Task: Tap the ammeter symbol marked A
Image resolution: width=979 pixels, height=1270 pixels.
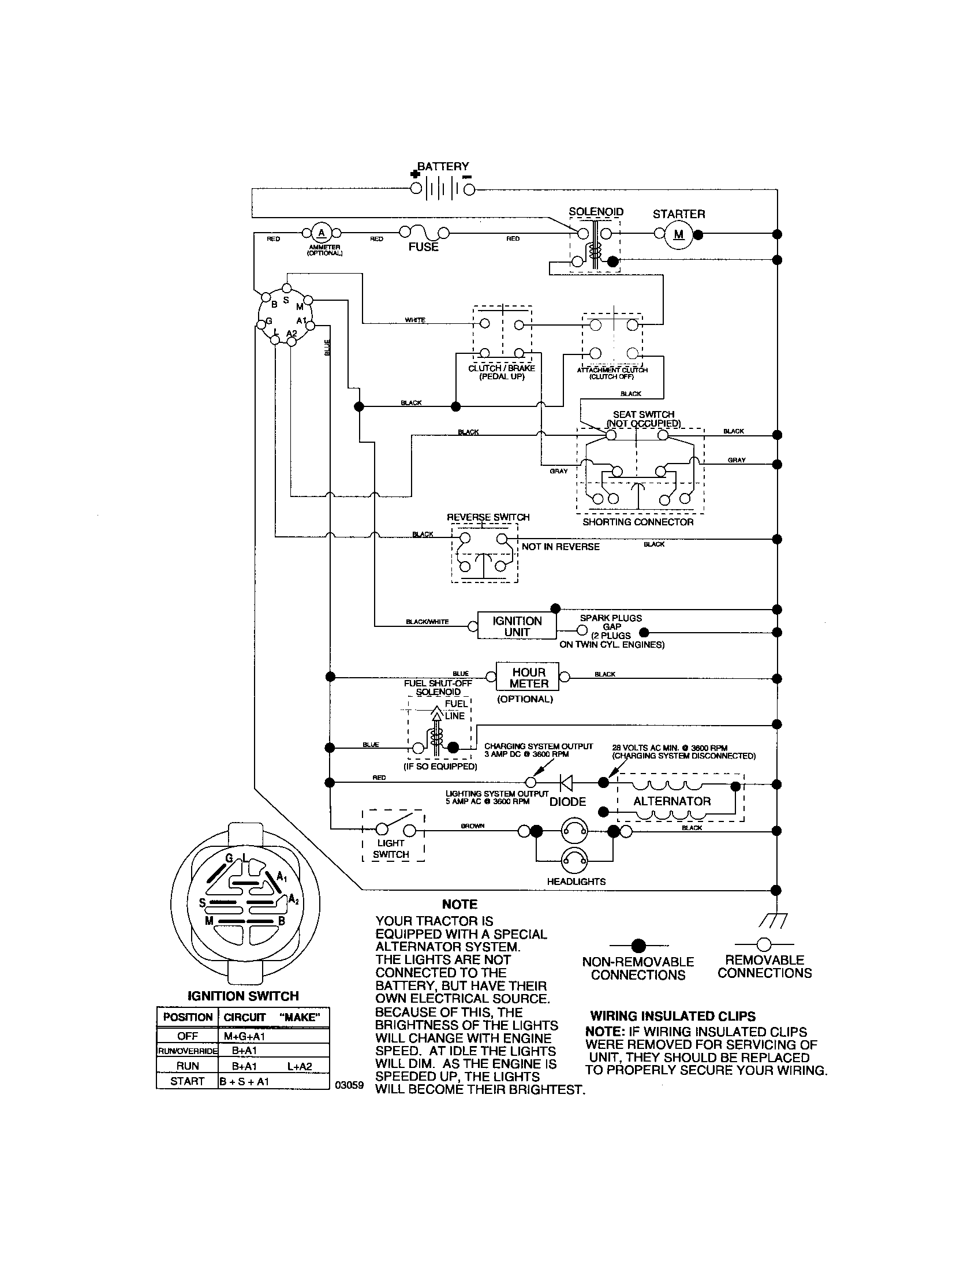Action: click(321, 234)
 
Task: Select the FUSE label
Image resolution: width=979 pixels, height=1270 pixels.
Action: click(423, 247)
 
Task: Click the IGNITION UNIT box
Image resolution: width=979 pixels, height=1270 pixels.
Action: click(517, 626)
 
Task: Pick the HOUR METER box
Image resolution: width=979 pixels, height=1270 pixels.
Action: click(528, 678)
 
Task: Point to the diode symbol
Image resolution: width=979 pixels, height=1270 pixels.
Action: click(566, 783)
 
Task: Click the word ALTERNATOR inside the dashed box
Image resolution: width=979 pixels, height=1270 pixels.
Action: click(671, 801)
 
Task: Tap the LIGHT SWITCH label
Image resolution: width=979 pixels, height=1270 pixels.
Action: click(391, 849)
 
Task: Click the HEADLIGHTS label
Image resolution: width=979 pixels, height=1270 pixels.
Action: click(576, 881)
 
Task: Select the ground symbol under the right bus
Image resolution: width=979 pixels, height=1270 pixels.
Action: click(773, 920)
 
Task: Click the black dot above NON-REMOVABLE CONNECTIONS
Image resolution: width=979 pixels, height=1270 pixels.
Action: click(638, 945)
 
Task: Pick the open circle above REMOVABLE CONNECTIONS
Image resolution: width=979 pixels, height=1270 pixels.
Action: click(764, 944)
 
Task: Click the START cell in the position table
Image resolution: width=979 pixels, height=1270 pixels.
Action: click(187, 1081)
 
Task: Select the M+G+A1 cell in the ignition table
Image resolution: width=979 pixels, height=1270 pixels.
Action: click(244, 1036)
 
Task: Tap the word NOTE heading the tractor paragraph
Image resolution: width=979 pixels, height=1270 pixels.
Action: click(459, 904)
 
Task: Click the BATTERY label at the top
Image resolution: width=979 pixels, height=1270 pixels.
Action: click(442, 166)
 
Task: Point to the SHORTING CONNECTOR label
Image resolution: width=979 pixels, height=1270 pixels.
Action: click(638, 522)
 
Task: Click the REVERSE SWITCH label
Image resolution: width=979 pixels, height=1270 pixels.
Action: click(488, 517)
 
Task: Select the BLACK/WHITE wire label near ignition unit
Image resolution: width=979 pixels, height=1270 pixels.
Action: click(427, 622)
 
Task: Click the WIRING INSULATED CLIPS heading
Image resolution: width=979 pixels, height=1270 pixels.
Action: click(672, 1017)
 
